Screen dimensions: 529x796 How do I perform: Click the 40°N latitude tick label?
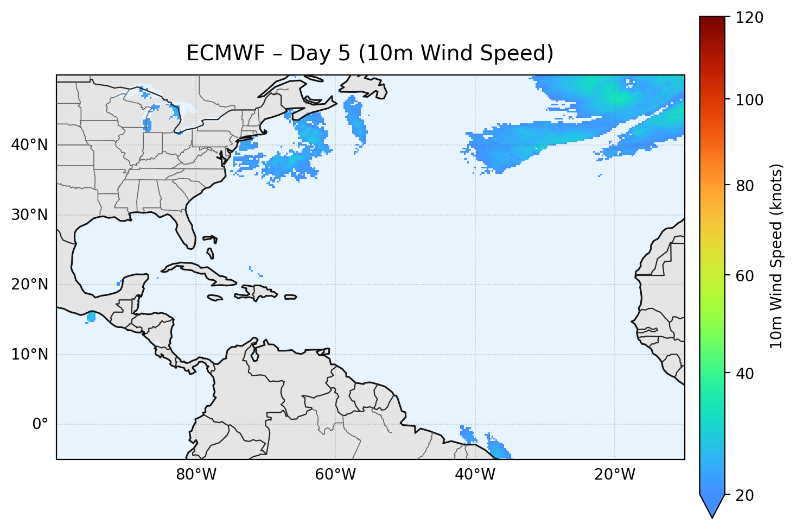coord(29,145)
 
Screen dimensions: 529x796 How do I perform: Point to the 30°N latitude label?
coord(29,215)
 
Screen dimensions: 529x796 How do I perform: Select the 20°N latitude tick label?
coord(29,285)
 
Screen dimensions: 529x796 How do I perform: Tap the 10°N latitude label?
coord(29,355)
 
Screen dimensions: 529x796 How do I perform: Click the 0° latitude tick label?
coord(40,424)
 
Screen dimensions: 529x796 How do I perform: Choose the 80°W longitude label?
coord(196,475)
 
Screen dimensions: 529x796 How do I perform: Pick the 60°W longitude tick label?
coord(335,475)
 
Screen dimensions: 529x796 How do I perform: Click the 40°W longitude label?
coord(475,475)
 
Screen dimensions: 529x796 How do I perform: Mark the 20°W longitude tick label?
coord(614,475)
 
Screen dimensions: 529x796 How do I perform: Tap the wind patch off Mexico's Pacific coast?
coord(91,317)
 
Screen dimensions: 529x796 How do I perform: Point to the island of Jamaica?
coord(215,298)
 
